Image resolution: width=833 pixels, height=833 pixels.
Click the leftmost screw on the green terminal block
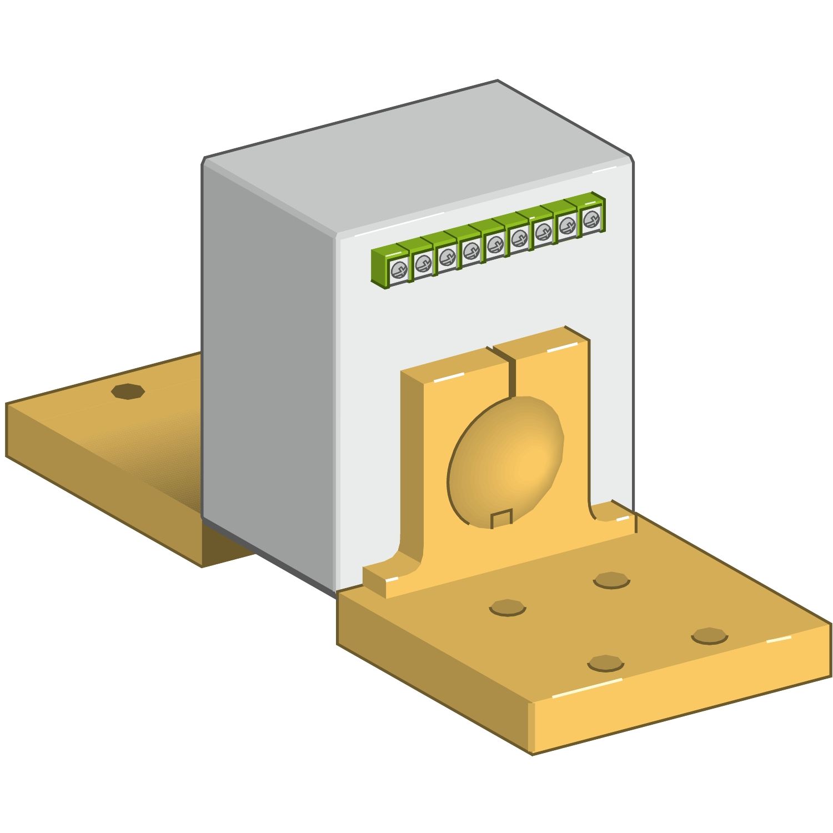click(399, 270)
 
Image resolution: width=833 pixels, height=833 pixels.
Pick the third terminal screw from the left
click(446, 258)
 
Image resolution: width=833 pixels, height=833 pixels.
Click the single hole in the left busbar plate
click(128, 391)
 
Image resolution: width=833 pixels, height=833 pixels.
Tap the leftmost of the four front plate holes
click(507, 608)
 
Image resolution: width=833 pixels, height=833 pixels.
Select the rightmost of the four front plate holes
click(709, 636)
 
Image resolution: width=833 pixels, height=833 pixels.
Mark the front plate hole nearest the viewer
click(605, 663)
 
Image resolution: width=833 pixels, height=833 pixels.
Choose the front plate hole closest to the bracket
click(611, 581)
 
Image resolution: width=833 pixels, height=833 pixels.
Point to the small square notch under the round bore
click(501, 519)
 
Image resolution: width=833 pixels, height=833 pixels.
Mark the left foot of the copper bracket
click(389, 578)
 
